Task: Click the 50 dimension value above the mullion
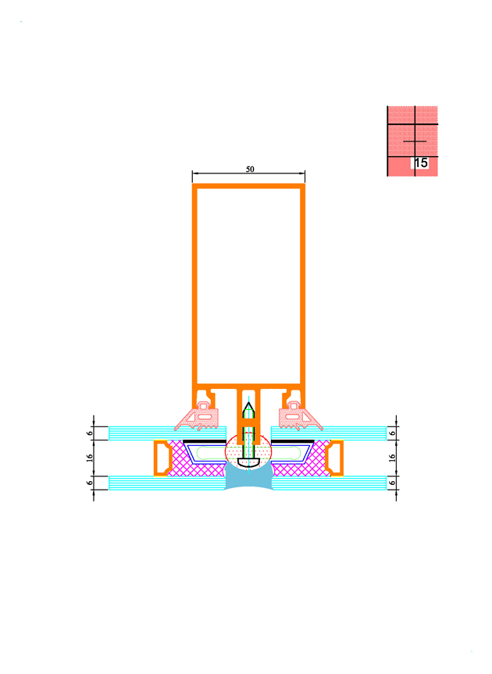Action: coord(250,169)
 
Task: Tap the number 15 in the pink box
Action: coord(421,162)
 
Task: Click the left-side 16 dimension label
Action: coord(90,458)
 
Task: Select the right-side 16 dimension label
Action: coord(392,458)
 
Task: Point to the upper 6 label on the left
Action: coord(90,433)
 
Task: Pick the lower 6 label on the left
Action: coord(90,483)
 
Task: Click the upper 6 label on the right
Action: coord(392,433)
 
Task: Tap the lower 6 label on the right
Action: coord(392,483)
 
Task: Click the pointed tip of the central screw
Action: coord(248,403)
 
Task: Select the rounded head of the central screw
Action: coord(249,462)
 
